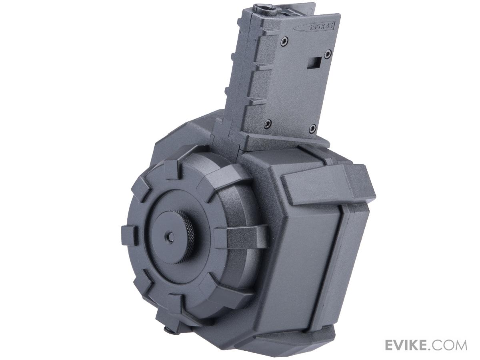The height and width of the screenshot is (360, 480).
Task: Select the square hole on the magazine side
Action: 314,63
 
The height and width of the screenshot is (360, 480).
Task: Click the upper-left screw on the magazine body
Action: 284,41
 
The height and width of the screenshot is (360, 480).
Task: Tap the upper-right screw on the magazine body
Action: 328,53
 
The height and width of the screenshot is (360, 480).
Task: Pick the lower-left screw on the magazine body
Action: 267,124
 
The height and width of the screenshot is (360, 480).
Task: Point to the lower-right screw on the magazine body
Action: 313,128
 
